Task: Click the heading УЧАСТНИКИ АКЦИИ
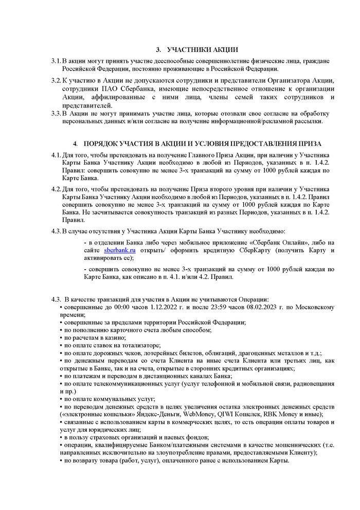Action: pos(202,50)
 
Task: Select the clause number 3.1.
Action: pos(56,62)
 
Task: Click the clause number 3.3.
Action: pos(56,113)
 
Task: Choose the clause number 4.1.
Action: pos(56,155)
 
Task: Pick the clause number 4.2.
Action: pos(56,188)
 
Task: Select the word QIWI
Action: pos(239,414)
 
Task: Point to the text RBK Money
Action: pos(289,414)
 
